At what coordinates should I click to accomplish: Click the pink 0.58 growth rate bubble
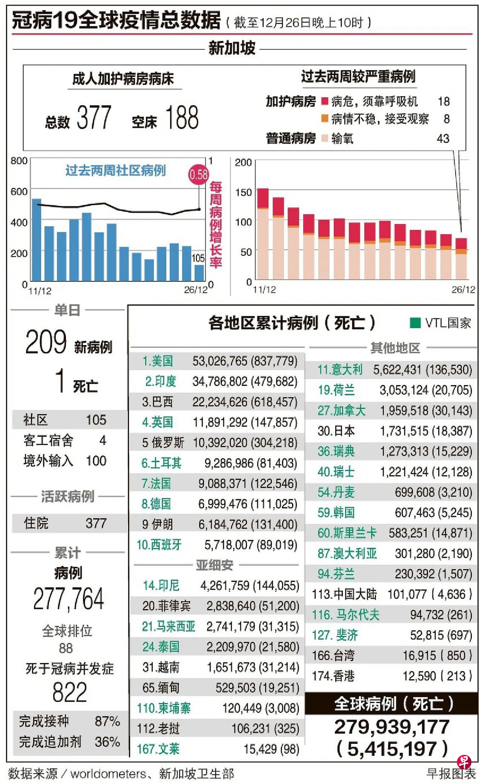coord(198,174)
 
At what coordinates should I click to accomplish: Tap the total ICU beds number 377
coord(94,117)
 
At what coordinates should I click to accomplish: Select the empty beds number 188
coord(182,117)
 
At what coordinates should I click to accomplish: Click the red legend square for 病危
coord(325,101)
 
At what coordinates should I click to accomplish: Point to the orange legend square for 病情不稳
coord(325,118)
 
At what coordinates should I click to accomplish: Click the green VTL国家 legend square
coord(415,323)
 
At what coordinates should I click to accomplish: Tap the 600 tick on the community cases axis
coord(19,191)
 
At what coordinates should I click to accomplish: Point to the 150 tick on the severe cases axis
coord(243,192)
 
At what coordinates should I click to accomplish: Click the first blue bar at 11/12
coord(37,239)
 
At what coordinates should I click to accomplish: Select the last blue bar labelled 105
coord(199,272)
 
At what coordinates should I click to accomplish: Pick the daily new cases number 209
coord(46,342)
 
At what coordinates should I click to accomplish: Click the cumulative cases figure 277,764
coord(68,599)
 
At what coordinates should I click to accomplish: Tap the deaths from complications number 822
coord(69,692)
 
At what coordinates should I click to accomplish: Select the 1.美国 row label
coord(157,361)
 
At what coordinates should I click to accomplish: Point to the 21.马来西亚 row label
coord(168,626)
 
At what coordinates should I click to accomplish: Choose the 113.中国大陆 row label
coord(344,594)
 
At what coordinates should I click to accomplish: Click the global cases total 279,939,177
coord(392,727)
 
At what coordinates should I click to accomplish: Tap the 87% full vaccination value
coord(107,721)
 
